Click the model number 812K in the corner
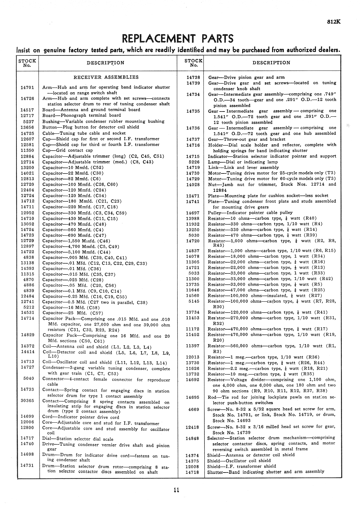334,22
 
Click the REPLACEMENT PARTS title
178,39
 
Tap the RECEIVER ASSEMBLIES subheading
106,77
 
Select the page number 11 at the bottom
176,491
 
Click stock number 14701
27,87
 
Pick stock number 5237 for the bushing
29,121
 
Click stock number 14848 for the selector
192,438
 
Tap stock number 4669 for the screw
194,409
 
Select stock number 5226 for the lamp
194,162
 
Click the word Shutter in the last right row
215,472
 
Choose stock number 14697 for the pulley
193,213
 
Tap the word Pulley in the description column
215,213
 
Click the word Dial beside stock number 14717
48,439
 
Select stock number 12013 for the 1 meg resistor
193,357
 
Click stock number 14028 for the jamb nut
193,185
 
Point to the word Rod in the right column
212,397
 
